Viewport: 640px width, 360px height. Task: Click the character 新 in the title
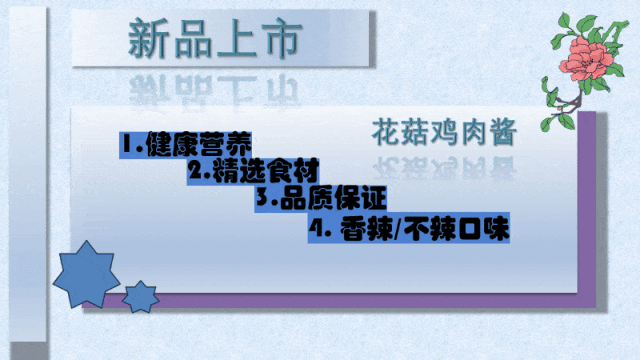coord(147,38)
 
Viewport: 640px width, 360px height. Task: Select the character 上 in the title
coord(236,38)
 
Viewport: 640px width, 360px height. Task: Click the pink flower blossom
coord(587,58)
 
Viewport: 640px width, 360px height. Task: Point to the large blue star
coord(86,275)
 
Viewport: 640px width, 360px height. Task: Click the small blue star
coord(141,297)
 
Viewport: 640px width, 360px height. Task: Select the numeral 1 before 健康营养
coord(128,144)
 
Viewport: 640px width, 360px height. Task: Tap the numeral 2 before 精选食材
coord(196,169)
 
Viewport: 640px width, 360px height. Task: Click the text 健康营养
coord(198,144)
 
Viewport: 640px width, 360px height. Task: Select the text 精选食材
coord(265,171)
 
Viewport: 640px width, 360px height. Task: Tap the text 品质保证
coord(333,198)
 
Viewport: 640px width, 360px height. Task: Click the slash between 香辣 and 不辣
coord(399,229)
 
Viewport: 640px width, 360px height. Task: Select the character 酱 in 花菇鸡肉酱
coord(504,132)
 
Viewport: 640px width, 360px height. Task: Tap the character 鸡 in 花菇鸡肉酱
coord(444,132)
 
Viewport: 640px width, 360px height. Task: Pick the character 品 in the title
coord(193,38)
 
